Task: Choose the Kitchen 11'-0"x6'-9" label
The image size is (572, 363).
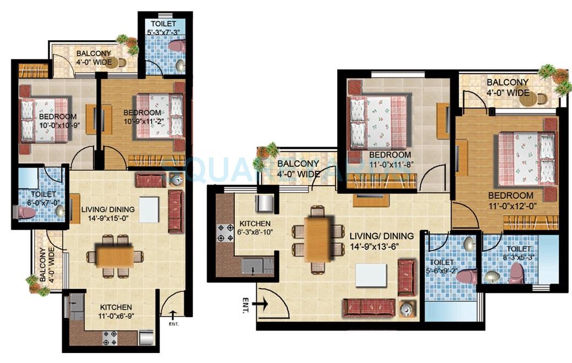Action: pyautogui.click(x=116, y=312)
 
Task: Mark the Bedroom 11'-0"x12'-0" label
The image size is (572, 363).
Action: pyautogui.click(x=511, y=201)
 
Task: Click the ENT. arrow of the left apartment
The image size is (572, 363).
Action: pyautogui.click(x=173, y=315)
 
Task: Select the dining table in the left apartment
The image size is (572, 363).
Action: pyautogui.click(x=114, y=256)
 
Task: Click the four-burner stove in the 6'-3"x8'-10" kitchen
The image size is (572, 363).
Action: pyautogui.click(x=226, y=232)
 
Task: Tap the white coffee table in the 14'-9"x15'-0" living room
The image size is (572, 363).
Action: pyautogui.click(x=148, y=209)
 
